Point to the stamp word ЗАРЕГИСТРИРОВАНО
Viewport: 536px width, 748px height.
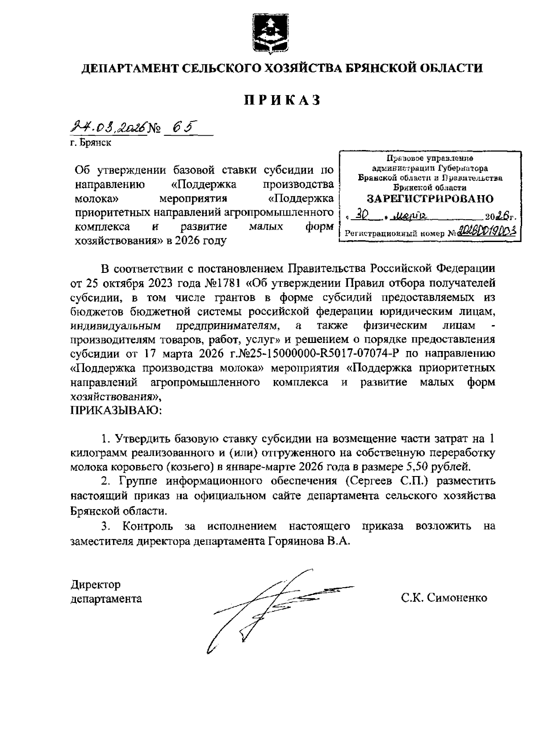430,199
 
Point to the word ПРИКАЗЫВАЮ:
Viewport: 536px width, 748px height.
116,410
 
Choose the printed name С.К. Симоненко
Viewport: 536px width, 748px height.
444,598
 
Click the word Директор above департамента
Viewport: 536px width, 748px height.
96,584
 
